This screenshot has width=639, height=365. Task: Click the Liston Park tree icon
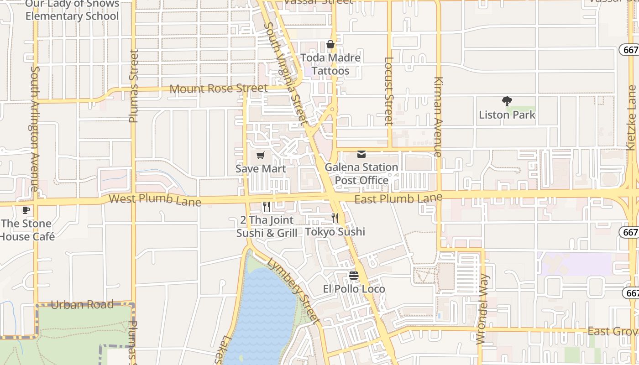point(507,101)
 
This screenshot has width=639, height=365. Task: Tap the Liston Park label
point(507,115)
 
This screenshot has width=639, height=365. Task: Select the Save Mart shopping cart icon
point(261,156)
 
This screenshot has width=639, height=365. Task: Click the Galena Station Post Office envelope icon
point(361,154)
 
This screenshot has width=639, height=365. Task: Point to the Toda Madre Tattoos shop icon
point(330,44)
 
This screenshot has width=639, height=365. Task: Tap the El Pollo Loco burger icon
point(354,276)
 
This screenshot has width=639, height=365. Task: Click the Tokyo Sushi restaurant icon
point(335,218)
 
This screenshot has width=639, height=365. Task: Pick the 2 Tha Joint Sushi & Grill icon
point(267,207)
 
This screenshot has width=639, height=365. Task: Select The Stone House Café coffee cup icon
point(26,210)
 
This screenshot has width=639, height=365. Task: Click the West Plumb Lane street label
point(155,199)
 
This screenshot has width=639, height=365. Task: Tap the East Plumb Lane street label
point(398,198)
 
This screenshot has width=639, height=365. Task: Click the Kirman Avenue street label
point(438,117)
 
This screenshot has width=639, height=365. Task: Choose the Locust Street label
point(389,91)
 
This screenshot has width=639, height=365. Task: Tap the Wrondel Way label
point(482,309)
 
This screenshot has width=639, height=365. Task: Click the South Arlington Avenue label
point(35,129)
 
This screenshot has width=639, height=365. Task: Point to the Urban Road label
point(82,304)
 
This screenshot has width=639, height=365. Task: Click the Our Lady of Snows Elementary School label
point(72,10)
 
